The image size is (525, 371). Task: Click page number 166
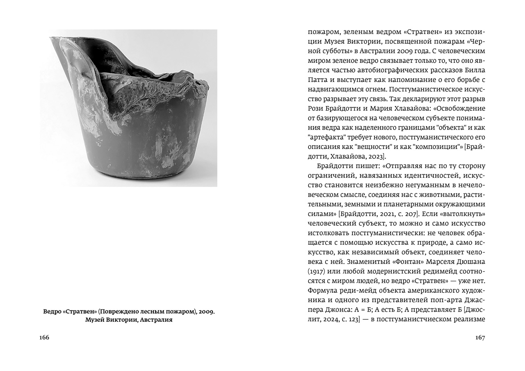click(44, 337)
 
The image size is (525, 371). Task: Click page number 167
click(480, 337)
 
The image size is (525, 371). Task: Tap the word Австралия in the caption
click(156, 320)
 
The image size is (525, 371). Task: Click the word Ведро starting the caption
click(52, 312)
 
